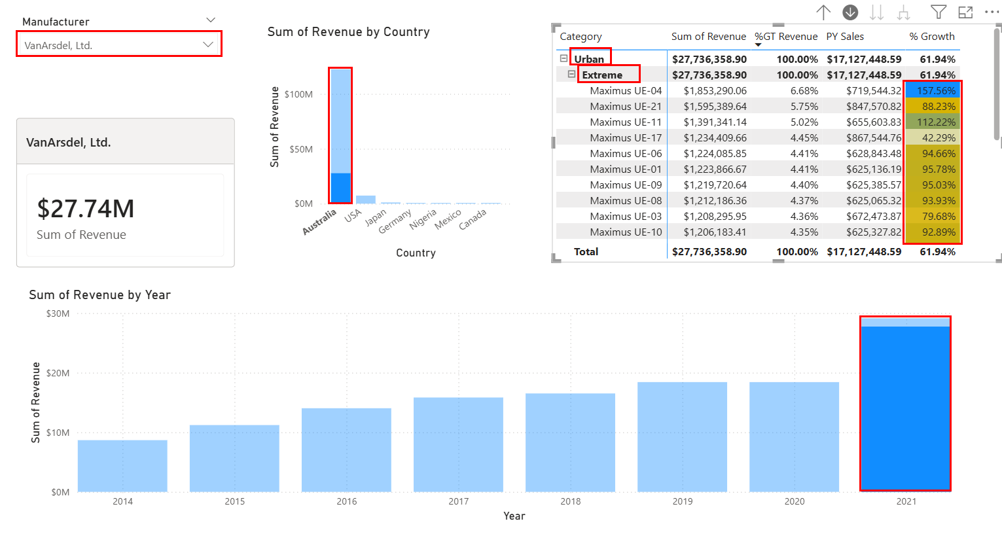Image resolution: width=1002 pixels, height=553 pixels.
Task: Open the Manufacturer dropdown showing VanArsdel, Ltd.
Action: click(x=118, y=45)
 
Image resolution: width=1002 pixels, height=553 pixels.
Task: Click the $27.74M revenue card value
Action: click(x=86, y=209)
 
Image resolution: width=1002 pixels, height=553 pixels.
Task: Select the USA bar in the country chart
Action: click(x=365, y=199)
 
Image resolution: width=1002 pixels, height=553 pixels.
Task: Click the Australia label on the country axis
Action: click(x=319, y=221)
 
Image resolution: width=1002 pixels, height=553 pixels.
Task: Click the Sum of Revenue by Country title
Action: click(x=348, y=32)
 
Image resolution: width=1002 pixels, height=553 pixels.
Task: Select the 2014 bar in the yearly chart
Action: click(x=122, y=465)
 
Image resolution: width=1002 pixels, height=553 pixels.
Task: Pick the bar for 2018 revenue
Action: click(x=570, y=442)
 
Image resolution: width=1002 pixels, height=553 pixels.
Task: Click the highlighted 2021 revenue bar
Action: click(x=905, y=406)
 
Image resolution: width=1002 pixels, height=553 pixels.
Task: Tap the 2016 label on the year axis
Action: click(x=347, y=501)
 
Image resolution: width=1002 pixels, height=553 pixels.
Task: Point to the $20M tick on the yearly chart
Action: click(x=58, y=373)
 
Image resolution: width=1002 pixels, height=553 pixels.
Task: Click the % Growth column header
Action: click(x=931, y=37)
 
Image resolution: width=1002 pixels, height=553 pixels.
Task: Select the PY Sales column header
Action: click(x=845, y=37)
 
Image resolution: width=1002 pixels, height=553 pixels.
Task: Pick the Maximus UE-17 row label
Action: click(x=626, y=138)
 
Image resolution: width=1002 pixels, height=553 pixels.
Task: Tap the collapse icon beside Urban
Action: click(x=564, y=59)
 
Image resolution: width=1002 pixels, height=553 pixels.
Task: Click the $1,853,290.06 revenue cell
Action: click(x=715, y=91)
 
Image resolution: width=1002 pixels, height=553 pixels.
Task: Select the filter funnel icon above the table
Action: click(x=938, y=12)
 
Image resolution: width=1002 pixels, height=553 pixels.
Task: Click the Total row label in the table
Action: click(x=586, y=251)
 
